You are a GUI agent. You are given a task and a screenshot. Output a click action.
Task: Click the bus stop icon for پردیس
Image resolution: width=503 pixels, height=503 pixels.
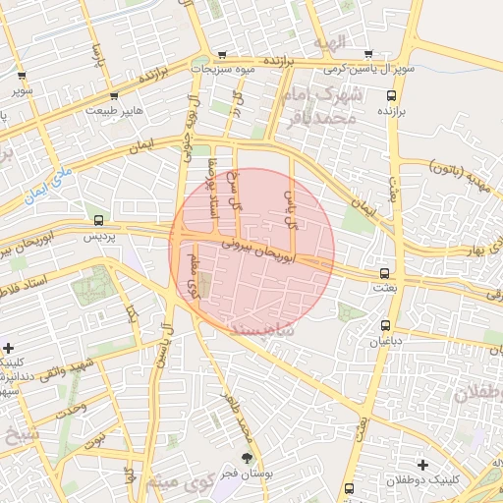click(x=97, y=219)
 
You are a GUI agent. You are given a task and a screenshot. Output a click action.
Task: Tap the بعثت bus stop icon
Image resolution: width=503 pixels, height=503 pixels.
click(x=384, y=273)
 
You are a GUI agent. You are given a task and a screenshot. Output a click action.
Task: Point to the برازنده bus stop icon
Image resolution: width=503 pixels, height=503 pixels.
click(x=392, y=96)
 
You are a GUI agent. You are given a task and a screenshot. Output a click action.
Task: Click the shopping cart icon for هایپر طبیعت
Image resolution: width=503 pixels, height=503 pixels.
click(x=114, y=96)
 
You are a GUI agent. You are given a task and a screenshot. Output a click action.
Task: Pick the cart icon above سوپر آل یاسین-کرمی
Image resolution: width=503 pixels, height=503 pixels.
click(x=368, y=55)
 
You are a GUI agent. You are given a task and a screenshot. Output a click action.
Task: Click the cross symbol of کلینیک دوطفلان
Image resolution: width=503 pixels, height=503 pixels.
click(x=422, y=464)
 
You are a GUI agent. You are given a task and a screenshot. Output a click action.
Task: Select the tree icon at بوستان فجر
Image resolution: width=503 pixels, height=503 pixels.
click(x=248, y=459)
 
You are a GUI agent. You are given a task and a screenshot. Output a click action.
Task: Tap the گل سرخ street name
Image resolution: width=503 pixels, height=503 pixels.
click(x=234, y=193)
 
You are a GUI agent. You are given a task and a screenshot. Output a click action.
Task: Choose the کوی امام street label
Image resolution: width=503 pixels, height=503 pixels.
click(x=195, y=276)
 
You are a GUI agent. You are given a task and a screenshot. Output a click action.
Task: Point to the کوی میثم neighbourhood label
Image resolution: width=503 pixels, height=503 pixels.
click(x=177, y=483)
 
